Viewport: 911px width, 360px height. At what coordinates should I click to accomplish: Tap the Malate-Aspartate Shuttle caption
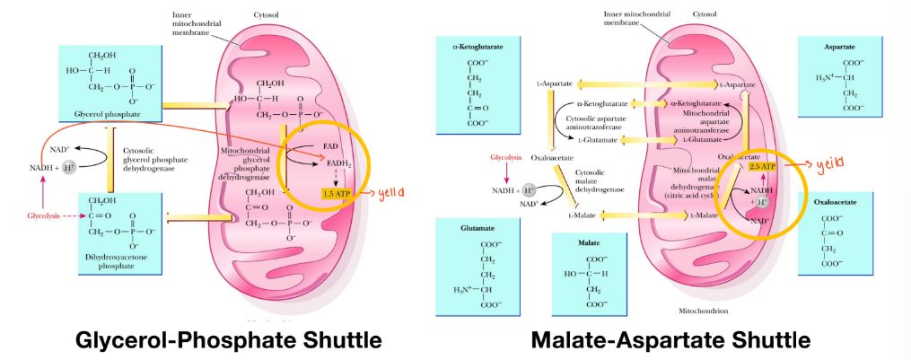[670, 340]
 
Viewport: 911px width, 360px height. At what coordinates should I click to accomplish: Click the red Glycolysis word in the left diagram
[42, 216]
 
